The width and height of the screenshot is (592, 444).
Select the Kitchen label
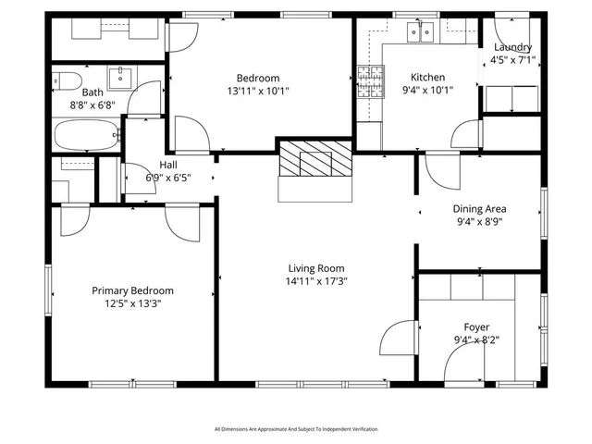[427, 78]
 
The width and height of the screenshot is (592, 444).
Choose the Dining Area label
[479, 209]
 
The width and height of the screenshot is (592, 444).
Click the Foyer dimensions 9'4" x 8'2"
[477, 340]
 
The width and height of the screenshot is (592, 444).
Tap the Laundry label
[512, 47]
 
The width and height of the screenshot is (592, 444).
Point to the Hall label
[168, 165]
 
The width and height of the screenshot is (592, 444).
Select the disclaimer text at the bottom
[296, 429]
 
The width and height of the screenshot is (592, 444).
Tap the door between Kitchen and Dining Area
[442, 168]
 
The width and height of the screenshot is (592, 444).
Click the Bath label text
[92, 92]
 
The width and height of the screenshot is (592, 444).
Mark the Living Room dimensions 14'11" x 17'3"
[316, 281]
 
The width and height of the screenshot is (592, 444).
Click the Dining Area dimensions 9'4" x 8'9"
[479, 222]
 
